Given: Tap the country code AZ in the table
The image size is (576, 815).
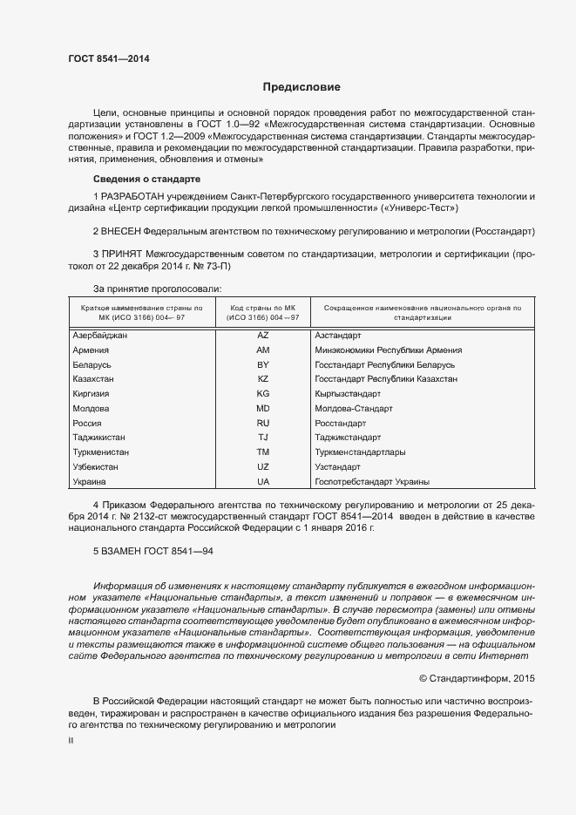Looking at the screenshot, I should coord(263,335).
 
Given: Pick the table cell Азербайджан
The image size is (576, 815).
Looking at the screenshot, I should coord(100,335).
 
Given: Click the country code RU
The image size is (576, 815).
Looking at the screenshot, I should coord(263,423).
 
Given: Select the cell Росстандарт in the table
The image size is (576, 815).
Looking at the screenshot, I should coord(341,423).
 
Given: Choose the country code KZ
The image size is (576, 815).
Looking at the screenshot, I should coord(263,379).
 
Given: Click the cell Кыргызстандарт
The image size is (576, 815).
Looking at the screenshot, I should coord(348,394).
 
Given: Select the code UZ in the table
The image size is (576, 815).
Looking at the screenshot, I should coord(263,467).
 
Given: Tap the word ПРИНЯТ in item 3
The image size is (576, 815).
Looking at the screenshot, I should coord(123,255).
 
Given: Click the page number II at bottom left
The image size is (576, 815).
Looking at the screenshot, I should coord(71,742).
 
